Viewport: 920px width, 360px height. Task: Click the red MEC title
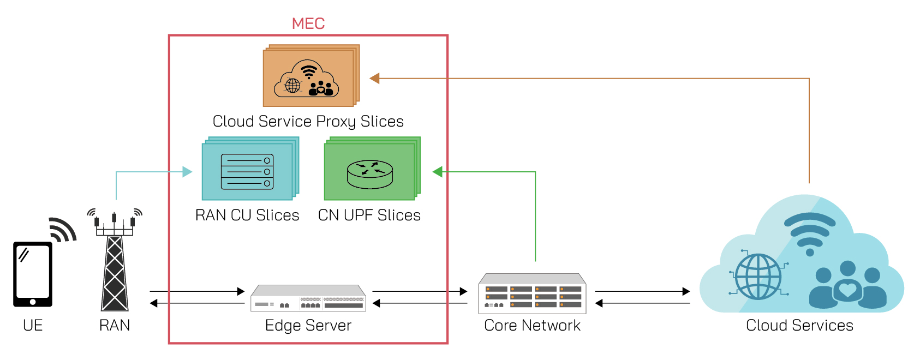pos(308,23)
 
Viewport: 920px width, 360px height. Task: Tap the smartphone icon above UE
pos(33,274)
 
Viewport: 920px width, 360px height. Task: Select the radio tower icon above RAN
pos(115,262)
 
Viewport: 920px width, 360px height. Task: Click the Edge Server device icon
pos(308,298)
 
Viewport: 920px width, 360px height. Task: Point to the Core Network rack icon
pos(532,294)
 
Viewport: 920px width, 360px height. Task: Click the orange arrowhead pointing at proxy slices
pos(374,79)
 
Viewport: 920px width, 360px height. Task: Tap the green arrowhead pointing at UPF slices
pos(437,172)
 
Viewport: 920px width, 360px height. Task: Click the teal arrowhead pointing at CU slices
pos(187,172)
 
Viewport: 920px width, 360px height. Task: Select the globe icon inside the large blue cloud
pos(758,277)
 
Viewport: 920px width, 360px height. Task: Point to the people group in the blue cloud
pos(847,284)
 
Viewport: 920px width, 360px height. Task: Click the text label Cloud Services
pos(799,326)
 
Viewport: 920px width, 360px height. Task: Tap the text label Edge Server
pos(308,326)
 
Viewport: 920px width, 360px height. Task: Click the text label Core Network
pos(532,326)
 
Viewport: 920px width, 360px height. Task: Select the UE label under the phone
pos(33,326)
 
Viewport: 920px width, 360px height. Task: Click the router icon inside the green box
pos(370,174)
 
